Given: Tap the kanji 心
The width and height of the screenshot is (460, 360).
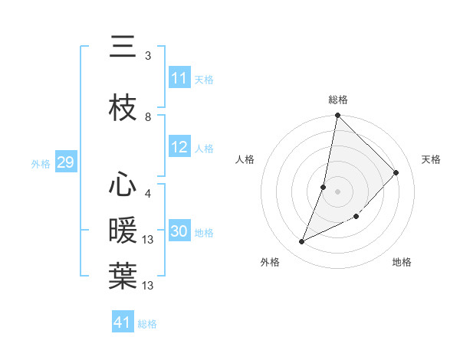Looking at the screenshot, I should tap(123, 185).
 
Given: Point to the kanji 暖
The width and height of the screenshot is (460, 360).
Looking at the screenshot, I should tap(123, 231).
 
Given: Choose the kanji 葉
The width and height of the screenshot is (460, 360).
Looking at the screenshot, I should tap(123, 277).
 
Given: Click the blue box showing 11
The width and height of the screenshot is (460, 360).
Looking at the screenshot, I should tap(179, 78).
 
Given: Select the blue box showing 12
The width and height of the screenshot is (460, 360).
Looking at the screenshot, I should tap(179, 148).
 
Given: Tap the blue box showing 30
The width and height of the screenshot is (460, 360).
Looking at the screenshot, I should tap(179, 231).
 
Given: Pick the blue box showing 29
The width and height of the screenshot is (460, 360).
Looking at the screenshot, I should tap(65, 162).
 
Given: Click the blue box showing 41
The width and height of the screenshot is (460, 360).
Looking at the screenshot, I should tap(123, 322).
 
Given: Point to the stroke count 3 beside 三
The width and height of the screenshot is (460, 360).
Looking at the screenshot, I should tap(148, 56).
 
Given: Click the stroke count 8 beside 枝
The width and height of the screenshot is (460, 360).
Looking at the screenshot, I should tap(148, 116).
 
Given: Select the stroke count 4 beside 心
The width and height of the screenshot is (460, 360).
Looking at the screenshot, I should tap(148, 194).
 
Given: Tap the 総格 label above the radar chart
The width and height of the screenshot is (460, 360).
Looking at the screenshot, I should tap(338, 100).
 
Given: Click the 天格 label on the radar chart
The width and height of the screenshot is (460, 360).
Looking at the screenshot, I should tap(431, 159).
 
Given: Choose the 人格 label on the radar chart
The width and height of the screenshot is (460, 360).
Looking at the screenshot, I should tap(245, 159).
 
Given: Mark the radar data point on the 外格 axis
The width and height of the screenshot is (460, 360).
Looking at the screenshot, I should tap(302, 242).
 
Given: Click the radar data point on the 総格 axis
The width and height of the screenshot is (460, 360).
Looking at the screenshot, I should tap(338, 116).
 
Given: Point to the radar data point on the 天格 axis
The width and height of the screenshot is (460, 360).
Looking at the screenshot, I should tap(396, 172).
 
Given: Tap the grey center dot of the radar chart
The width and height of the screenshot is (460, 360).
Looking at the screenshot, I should tap(338, 191).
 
